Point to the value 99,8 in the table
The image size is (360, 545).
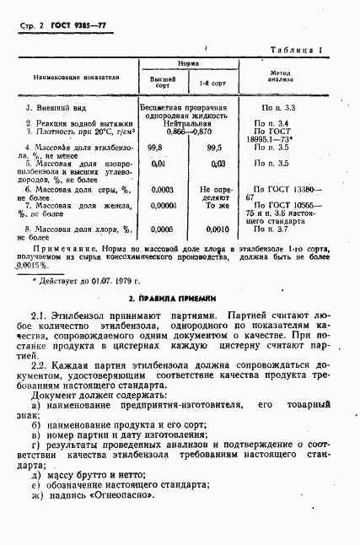[155, 147]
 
